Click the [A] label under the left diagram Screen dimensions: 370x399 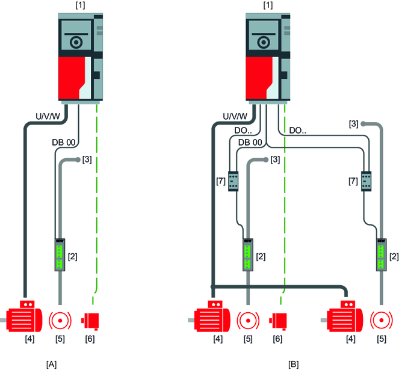(52, 363)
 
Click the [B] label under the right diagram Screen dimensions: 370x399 (294, 363)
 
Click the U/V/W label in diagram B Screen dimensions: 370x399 (235, 116)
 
